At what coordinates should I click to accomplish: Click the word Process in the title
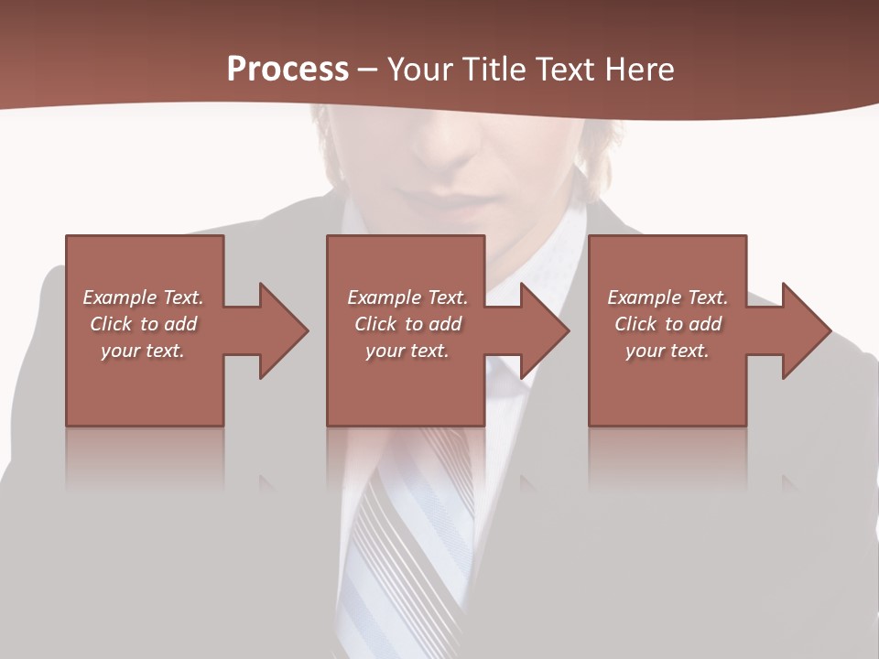point(288,70)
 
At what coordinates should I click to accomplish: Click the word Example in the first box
point(120,297)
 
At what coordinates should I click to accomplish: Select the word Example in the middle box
point(385,297)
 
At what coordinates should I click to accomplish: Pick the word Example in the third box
point(645,297)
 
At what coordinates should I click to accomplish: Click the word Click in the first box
point(111,324)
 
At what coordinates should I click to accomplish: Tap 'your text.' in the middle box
point(407,351)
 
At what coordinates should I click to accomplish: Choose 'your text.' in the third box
point(667,351)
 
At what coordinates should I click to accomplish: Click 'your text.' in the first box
point(142,351)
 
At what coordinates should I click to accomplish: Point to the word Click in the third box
point(635,324)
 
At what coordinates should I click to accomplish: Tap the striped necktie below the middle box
point(412,531)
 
